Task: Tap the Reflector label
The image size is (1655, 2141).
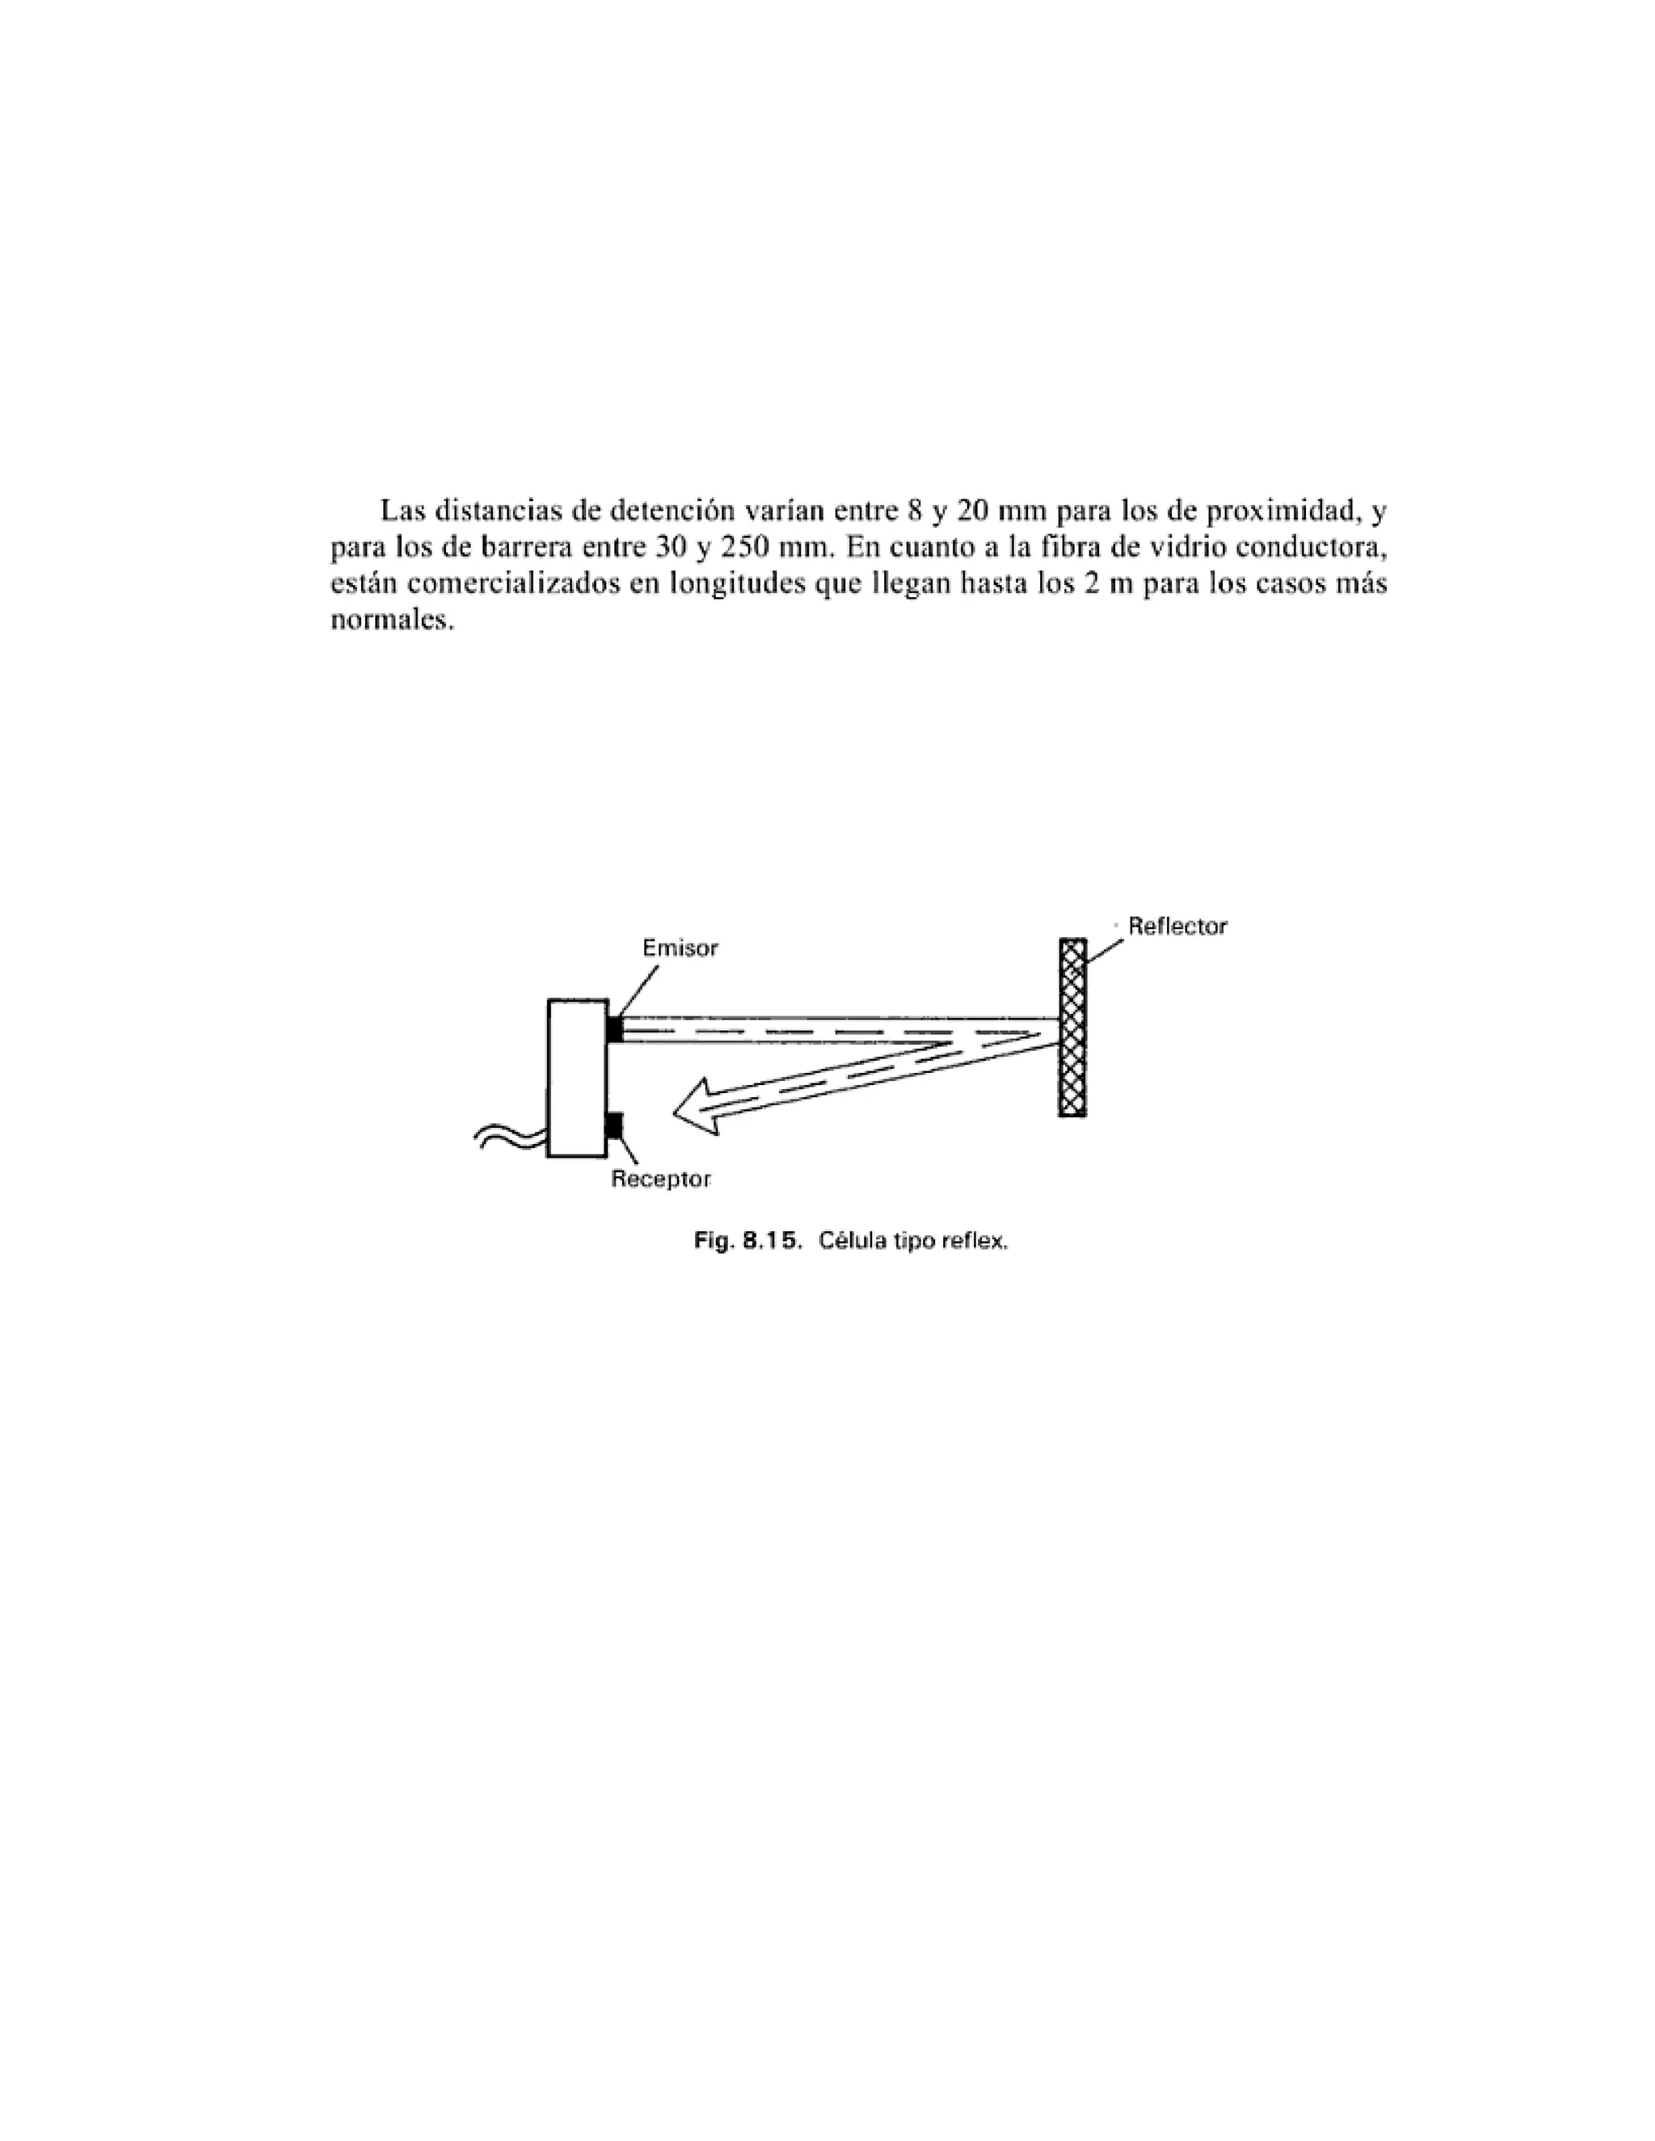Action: [1177, 927]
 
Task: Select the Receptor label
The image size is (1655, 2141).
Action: [660, 1180]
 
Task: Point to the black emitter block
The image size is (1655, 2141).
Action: [615, 1029]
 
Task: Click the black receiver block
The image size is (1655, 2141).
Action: [615, 1125]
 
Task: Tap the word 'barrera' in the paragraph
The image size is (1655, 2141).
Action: [524, 546]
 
